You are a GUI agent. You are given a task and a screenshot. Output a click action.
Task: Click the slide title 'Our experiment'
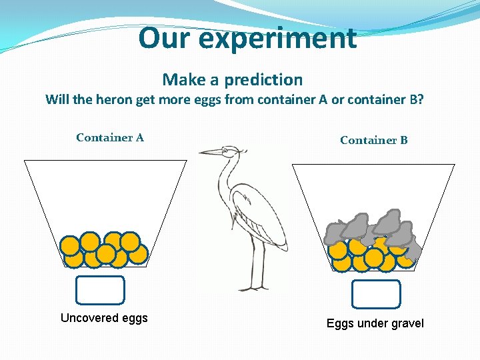click(x=247, y=39)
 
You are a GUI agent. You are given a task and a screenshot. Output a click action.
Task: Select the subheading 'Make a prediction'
click(x=232, y=80)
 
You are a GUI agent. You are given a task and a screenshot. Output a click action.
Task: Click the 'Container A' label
click(x=110, y=138)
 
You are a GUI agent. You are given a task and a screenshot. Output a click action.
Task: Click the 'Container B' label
click(x=373, y=140)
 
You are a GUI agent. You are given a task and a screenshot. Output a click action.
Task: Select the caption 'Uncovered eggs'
click(x=104, y=318)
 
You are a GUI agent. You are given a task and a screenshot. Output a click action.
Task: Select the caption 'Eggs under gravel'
click(x=375, y=323)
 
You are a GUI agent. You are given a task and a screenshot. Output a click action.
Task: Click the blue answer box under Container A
click(x=100, y=290)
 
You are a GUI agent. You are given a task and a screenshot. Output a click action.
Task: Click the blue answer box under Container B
click(x=376, y=294)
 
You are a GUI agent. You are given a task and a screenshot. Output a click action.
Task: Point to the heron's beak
click(x=209, y=152)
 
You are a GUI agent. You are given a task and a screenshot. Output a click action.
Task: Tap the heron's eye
click(x=226, y=151)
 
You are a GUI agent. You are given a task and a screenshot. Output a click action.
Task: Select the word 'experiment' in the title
click(x=277, y=39)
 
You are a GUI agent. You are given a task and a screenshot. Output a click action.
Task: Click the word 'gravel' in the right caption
click(x=406, y=323)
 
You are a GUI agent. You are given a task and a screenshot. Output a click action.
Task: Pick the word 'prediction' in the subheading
click(x=263, y=80)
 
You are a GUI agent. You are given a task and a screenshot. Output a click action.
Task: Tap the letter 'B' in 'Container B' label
click(x=403, y=140)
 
